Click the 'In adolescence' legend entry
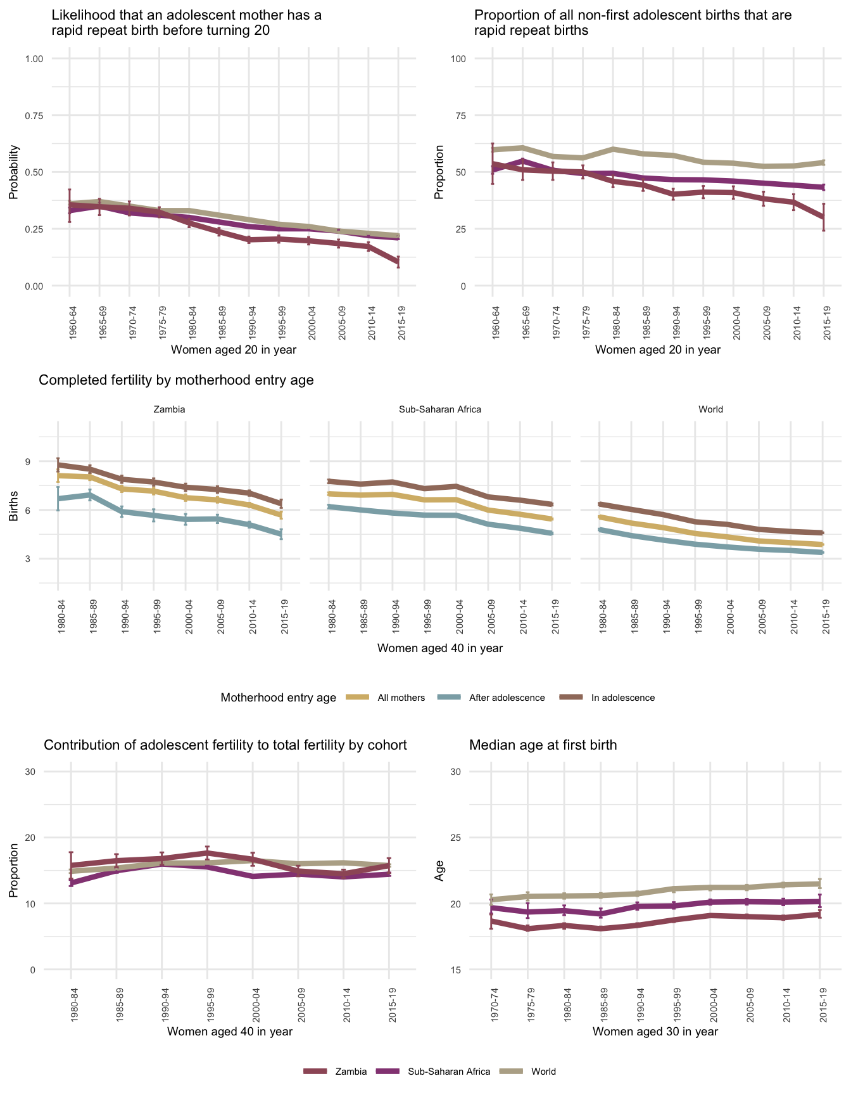[x=623, y=698]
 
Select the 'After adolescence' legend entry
[x=507, y=698]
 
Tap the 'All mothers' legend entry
[x=401, y=698]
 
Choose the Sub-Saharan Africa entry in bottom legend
[x=449, y=1072]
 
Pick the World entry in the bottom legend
[x=543, y=1072]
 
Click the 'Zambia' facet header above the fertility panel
[x=170, y=409]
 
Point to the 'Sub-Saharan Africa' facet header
[x=440, y=409]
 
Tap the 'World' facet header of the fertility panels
[x=710, y=409]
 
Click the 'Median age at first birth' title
[x=543, y=745]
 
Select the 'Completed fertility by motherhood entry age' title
[x=177, y=380]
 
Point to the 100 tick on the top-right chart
[x=458, y=59]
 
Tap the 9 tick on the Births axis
[x=28, y=461]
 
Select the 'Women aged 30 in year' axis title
[x=655, y=1032]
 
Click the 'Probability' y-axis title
[x=13, y=172]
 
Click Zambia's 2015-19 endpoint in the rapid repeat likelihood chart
[x=398, y=262]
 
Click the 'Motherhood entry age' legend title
[x=279, y=698]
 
